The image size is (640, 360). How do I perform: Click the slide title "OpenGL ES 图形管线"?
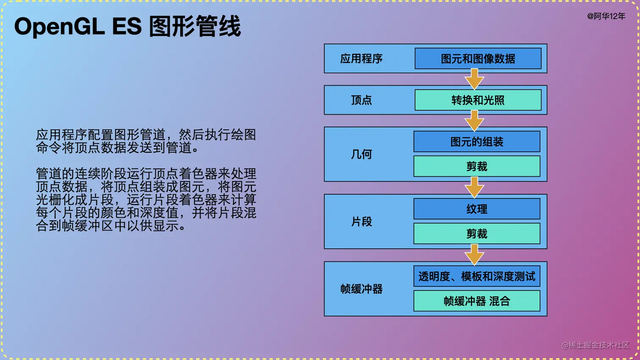pyautogui.click(x=127, y=26)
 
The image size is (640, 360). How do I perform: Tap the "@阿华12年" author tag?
pyautogui.click(x=606, y=16)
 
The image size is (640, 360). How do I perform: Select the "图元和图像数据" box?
pyautogui.click(x=478, y=58)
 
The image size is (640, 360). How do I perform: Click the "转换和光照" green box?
pyautogui.click(x=478, y=100)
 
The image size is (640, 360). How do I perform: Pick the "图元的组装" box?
pyautogui.click(x=477, y=142)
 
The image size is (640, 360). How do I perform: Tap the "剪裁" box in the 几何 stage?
pyautogui.click(x=477, y=166)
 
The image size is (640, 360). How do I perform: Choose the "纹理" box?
pyautogui.click(x=477, y=209)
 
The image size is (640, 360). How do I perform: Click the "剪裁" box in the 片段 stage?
pyautogui.click(x=477, y=234)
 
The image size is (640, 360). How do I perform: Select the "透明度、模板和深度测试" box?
pyautogui.click(x=477, y=276)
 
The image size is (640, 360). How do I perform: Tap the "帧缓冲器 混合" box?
pyautogui.click(x=477, y=301)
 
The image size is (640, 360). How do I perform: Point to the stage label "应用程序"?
pyautogui.click(x=361, y=58)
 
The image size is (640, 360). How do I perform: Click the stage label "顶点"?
pyautogui.click(x=361, y=100)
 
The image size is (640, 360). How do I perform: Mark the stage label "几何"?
pyautogui.click(x=361, y=154)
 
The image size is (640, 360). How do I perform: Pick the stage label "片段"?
pyautogui.click(x=361, y=221)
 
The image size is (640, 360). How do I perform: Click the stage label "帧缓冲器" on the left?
pyautogui.click(x=361, y=289)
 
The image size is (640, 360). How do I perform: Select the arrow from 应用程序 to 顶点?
pyautogui.click(x=474, y=80)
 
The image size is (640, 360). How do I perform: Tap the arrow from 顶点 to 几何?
pyautogui.click(x=474, y=121)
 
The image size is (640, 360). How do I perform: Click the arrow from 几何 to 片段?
pyautogui.click(x=474, y=188)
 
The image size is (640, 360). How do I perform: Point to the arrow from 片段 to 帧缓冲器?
pyautogui.click(x=474, y=255)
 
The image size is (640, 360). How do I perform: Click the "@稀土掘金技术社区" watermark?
pyautogui.click(x=595, y=345)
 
